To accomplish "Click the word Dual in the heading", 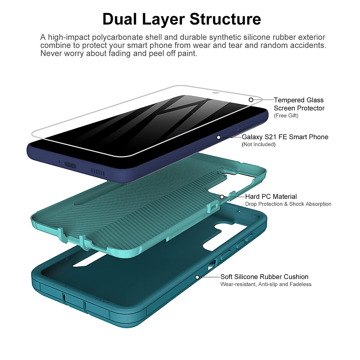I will [x=119, y=19].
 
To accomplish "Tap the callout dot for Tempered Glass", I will [x=251, y=100].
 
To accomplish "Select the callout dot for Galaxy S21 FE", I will [x=219, y=137].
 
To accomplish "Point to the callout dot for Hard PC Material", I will [x=222, y=197].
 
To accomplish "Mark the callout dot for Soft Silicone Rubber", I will [x=197, y=277].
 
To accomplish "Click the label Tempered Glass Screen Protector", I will [x=299, y=104].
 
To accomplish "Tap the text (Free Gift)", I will [x=286, y=116].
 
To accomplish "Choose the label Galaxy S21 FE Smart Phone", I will [x=285, y=137].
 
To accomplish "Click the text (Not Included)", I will [x=258, y=145].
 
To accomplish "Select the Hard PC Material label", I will [x=271, y=197].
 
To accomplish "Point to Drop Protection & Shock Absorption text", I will [x=288, y=204].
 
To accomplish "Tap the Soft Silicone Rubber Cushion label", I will [x=264, y=277].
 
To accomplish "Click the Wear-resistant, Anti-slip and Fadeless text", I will [x=266, y=284].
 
